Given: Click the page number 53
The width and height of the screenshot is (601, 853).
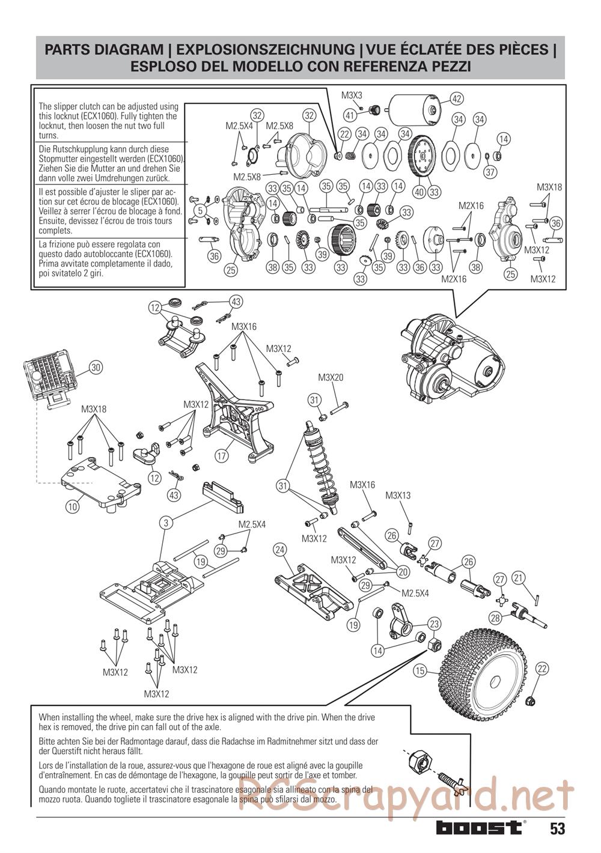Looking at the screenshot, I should pos(557,829).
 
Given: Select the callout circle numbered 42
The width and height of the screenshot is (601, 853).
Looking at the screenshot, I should pos(457,99).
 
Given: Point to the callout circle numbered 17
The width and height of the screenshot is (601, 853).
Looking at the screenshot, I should pos(222,456).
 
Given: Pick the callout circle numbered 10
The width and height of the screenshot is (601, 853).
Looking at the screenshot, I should pos(72,506).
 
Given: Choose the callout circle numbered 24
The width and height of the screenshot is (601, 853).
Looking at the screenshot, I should pos(279,549).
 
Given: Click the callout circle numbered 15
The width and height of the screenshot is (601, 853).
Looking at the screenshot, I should pos(419,670).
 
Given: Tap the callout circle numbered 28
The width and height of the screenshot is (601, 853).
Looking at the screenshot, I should pos(495,618).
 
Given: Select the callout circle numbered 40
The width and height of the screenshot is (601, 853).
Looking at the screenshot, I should pos(419,192).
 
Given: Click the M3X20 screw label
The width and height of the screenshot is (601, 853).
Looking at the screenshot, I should pos(331,378).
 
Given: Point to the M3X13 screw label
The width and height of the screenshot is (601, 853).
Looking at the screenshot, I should pos(398,496).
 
